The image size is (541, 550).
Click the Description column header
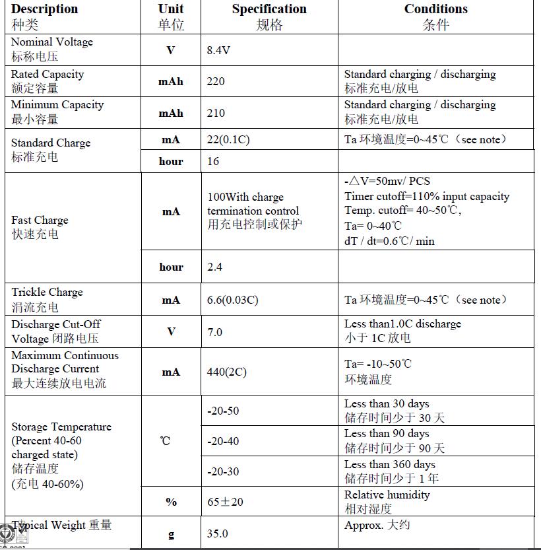tap(44, 9)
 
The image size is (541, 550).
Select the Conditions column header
tap(435, 9)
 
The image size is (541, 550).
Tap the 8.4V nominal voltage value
tap(218, 51)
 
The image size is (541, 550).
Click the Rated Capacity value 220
tap(216, 81)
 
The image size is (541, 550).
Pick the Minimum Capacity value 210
tap(216, 113)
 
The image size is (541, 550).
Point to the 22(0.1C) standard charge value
tap(228, 140)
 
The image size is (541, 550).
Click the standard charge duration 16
tap(213, 161)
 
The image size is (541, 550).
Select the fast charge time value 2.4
tap(215, 267)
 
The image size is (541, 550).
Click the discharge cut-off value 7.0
tap(215, 331)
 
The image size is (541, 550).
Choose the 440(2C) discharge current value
tap(227, 372)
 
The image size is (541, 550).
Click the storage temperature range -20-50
tap(223, 411)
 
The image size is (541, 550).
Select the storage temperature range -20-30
tap(223, 471)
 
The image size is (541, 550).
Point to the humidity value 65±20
tap(225, 502)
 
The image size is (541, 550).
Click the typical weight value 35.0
tap(218, 533)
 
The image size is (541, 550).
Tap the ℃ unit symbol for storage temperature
tap(165, 440)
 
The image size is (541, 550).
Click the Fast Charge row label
tap(40, 220)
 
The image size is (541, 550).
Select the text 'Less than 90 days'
tap(387, 434)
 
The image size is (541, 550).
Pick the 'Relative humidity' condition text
tap(387, 495)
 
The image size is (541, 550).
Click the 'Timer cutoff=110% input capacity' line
tap(427, 196)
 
